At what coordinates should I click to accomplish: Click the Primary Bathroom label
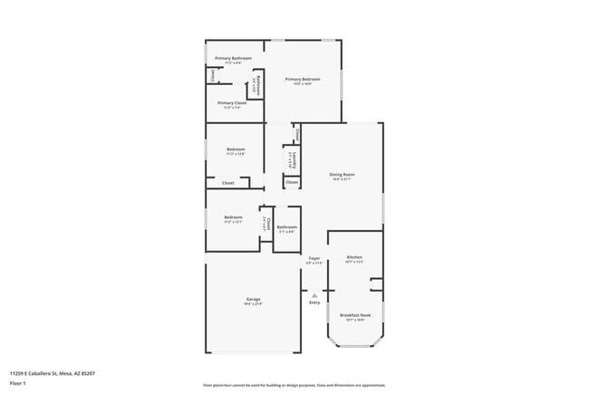click(x=233, y=58)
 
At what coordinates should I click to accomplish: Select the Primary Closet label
click(x=232, y=102)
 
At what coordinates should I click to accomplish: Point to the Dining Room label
click(x=342, y=174)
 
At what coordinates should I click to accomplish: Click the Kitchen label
click(x=354, y=257)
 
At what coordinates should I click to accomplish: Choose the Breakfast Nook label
click(x=353, y=315)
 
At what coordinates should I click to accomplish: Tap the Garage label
click(x=253, y=299)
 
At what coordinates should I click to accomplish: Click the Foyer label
click(x=314, y=258)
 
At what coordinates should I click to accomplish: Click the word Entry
click(x=314, y=302)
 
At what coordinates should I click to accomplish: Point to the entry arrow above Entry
click(x=314, y=294)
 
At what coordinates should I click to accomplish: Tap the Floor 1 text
click(x=18, y=383)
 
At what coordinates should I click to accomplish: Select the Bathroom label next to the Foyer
click(x=287, y=226)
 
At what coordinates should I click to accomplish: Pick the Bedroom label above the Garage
click(x=234, y=217)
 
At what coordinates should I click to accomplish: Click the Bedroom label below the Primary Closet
click(x=236, y=149)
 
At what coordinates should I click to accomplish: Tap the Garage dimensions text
click(x=253, y=304)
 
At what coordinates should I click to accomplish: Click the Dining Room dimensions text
click(x=342, y=179)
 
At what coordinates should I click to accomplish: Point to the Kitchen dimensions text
click(x=354, y=263)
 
